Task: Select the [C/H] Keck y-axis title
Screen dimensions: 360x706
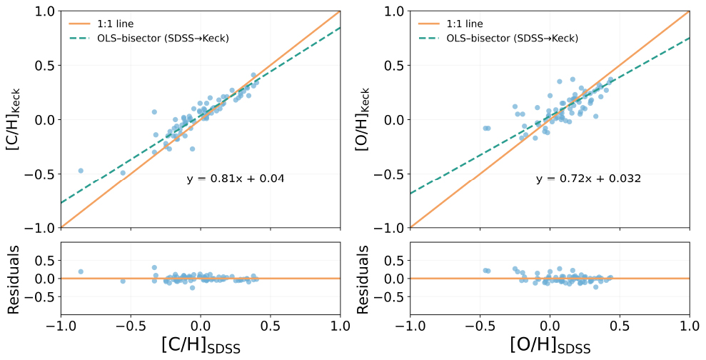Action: click(14, 119)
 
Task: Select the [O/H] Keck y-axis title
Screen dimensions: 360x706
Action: click(363, 119)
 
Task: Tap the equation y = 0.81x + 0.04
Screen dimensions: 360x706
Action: click(236, 179)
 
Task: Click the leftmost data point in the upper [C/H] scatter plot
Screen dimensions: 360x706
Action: click(81, 171)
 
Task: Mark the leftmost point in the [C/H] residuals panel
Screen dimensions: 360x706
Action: click(81, 271)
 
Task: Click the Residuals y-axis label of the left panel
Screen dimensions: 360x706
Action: click(14, 279)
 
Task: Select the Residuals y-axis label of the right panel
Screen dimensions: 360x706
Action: click(363, 279)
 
